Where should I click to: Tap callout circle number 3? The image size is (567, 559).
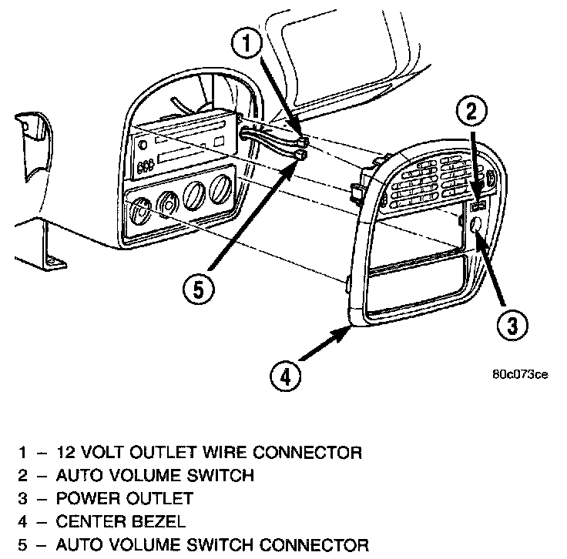512,326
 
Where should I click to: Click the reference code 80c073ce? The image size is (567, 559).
520,375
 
